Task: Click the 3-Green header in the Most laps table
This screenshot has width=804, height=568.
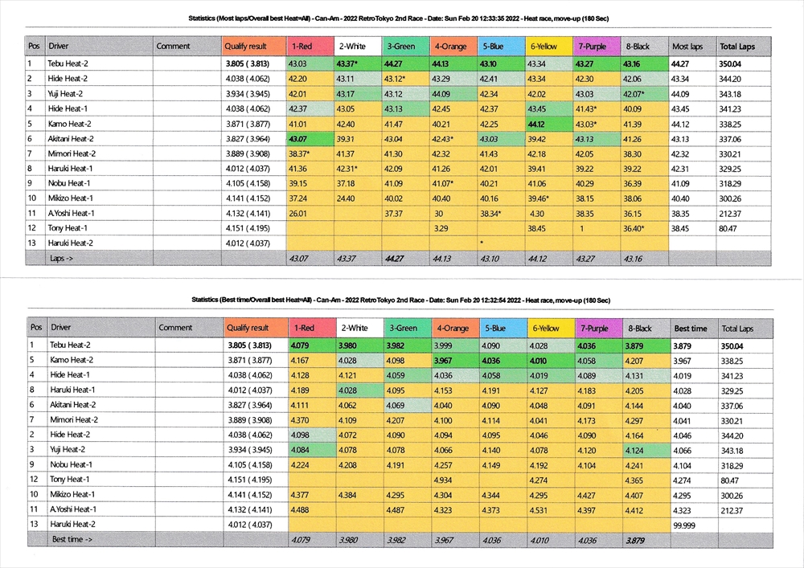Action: pos(400,47)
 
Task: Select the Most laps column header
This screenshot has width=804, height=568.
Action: pos(687,47)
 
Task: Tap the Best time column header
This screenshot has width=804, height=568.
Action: pos(691,328)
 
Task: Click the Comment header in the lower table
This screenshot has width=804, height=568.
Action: pos(175,328)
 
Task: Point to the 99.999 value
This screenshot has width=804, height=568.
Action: pos(686,523)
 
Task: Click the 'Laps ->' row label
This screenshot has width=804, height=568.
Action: pos(62,258)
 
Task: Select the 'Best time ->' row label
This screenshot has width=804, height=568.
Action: pos(72,539)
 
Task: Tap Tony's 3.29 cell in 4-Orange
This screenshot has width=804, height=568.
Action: pos(440,228)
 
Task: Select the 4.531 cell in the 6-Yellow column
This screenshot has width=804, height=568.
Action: pos(539,509)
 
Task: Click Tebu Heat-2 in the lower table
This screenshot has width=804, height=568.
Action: pos(73,345)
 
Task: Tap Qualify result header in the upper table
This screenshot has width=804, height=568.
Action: pos(246,47)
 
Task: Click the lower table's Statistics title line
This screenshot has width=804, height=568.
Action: pos(401,300)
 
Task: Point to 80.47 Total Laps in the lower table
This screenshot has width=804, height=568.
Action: pos(732,480)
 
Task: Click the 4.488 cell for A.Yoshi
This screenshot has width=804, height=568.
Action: pos(300,509)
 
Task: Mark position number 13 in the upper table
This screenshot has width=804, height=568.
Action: pos(31,243)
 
